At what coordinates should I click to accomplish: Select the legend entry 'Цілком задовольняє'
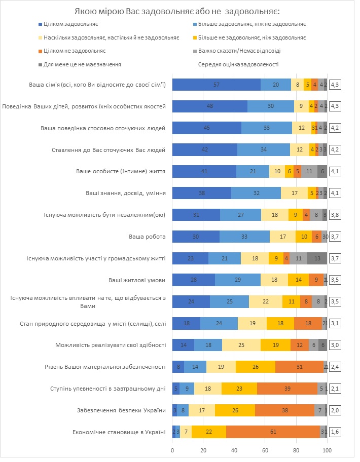click(x=70, y=24)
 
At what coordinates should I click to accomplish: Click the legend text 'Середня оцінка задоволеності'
click(x=238, y=64)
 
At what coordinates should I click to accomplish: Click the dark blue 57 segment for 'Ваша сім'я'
click(x=217, y=85)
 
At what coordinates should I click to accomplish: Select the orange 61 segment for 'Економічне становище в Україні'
click(x=273, y=432)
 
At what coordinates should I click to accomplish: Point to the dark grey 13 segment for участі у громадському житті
click(x=317, y=258)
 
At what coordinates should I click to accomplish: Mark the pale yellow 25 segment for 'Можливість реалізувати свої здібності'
click(x=241, y=345)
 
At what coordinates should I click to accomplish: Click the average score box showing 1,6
click(x=335, y=432)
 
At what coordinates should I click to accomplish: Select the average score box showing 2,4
click(x=335, y=367)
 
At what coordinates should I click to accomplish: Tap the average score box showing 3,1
click(x=335, y=323)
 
